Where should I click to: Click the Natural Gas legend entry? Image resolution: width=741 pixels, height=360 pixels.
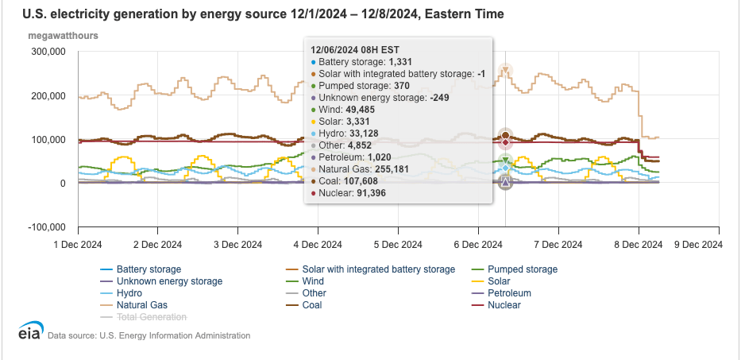coord(141,304)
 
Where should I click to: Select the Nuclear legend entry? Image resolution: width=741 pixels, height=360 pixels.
coord(504,304)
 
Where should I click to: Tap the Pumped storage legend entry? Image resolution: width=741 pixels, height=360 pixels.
coord(522,269)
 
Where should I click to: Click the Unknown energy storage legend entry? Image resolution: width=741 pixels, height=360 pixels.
coord(169,281)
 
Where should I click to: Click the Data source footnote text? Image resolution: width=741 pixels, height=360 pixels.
coord(149,336)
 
